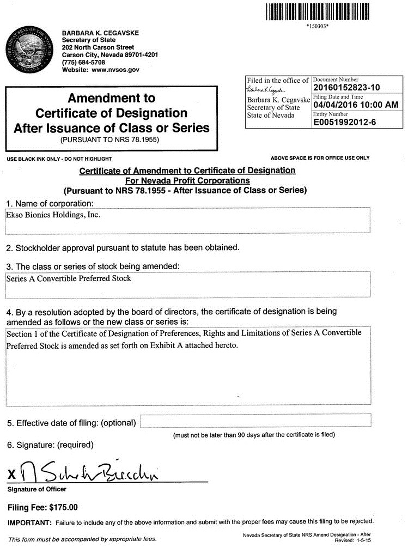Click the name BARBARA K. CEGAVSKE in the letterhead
[100, 33]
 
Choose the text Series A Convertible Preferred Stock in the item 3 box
[69, 278]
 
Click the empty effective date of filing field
[255, 421]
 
